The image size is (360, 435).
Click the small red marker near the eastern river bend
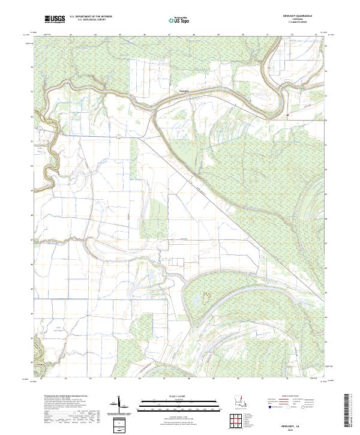click(288, 115)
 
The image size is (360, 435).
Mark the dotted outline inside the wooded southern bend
click(208, 296)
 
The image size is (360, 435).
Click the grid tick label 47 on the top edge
click(170, 35)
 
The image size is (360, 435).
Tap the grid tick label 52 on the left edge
click(32, 116)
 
